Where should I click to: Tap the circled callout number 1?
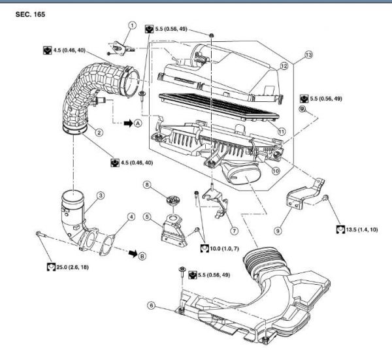pyautogui.click(x=131, y=25)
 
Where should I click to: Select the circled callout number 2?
pyautogui.click(x=99, y=132)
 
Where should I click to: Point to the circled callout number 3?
pyautogui.click(x=101, y=195)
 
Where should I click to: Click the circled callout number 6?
pyautogui.click(x=152, y=304)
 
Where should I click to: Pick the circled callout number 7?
pyautogui.click(x=234, y=231)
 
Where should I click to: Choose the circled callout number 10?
pyautogui.click(x=276, y=171)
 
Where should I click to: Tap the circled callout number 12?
pyautogui.click(x=284, y=66)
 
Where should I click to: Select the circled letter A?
pyautogui.click(x=138, y=122)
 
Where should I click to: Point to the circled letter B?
pyautogui.click(x=142, y=255)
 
